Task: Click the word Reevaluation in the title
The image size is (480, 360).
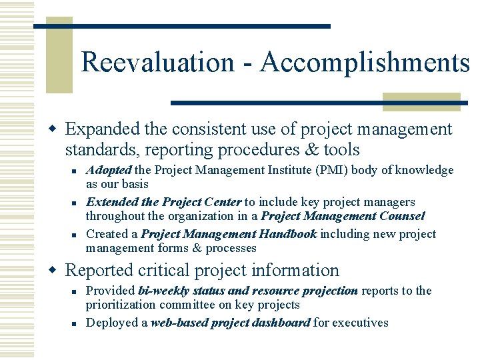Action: [x=157, y=63]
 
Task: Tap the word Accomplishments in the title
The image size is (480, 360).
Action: [x=365, y=63]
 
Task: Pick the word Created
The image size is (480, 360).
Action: [x=107, y=234]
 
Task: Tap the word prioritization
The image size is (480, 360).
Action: [x=122, y=305]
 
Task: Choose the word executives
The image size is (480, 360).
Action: [x=361, y=323]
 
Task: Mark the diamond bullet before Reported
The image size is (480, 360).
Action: [x=57, y=270]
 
